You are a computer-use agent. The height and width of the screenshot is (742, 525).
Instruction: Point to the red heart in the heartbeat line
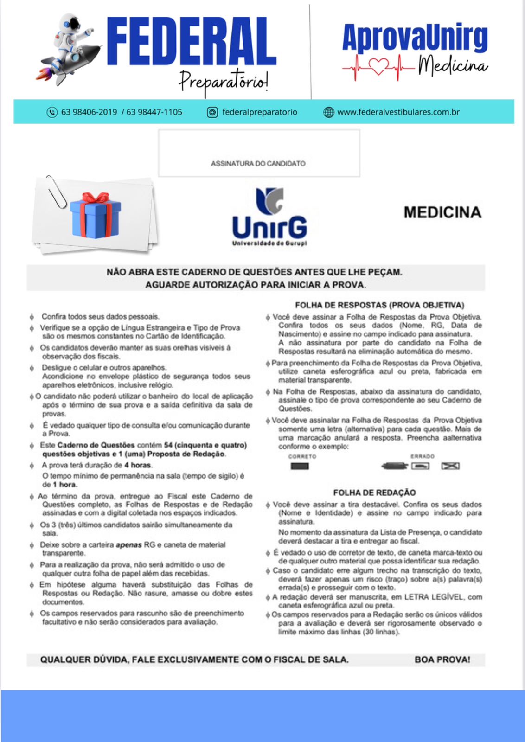click(x=379, y=68)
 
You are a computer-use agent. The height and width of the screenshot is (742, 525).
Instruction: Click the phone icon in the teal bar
click(x=52, y=112)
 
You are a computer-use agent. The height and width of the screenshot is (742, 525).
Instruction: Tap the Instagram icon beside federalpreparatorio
click(x=212, y=112)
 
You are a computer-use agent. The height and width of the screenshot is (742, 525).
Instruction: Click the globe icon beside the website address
click(x=328, y=112)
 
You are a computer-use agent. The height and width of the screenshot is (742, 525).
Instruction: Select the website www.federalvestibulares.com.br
click(x=398, y=112)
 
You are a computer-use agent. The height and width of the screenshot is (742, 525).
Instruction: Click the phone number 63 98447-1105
click(x=154, y=112)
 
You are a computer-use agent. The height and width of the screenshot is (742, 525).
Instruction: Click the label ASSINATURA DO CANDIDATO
click(x=258, y=164)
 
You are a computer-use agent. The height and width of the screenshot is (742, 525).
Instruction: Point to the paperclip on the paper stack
click(x=56, y=192)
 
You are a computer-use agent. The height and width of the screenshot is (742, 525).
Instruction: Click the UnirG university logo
click(x=269, y=217)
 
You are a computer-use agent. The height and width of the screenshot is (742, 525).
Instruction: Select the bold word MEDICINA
click(x=442, y=212)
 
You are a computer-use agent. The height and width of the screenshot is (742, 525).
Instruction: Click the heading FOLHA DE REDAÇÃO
click(x=374, y=493)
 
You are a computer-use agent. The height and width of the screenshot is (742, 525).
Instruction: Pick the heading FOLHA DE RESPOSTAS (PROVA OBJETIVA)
click(x=379, y=305)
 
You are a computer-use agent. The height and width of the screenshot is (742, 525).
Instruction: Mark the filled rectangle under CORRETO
click(x=300, y=466)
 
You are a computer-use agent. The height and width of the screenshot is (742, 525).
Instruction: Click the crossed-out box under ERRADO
click(x=450, y=466)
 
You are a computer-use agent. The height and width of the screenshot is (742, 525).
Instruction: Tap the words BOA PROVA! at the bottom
click(x=442, y=659)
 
